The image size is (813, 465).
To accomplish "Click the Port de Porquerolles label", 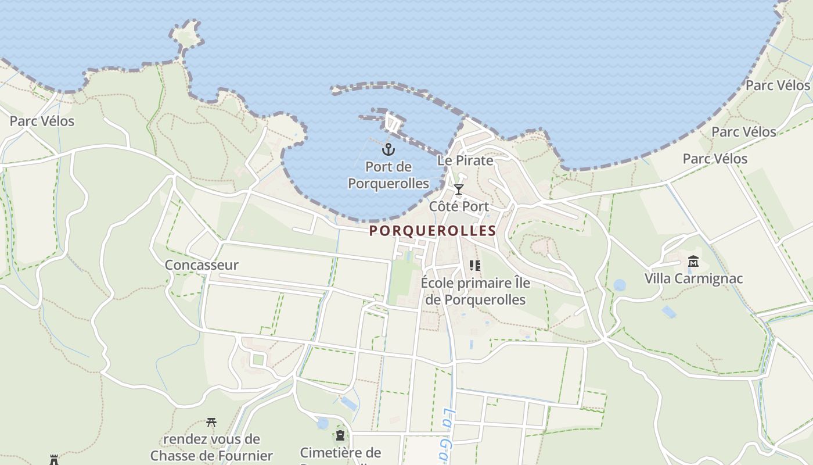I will tap(388, 175).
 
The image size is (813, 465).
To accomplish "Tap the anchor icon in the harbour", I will tap(388, 150).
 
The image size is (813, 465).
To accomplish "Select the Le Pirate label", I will tap(465, 160).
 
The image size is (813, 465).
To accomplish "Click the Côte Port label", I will tap(459, 206).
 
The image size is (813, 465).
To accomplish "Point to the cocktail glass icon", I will tap(459, 189).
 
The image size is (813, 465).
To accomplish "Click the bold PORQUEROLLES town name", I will tap(433, 231).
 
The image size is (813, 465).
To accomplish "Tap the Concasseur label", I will tap(202, 265).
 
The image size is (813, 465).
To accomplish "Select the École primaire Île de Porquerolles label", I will tap(475, 291).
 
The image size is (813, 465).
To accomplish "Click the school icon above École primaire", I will tap(475, 266).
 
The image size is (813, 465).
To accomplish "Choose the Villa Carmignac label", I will tap(693, 278).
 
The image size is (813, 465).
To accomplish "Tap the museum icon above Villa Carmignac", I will tap(693, 261).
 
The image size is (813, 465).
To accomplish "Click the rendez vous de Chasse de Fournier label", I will tap(211, 447).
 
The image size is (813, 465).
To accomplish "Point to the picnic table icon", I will tap(211, 422).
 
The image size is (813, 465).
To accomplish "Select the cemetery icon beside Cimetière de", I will tap(340, 435).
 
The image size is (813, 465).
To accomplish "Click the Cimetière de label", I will tap(340, 453).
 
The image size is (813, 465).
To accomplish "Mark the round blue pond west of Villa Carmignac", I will tap(620, 285).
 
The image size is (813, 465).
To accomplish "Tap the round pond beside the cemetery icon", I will tap(322, 424).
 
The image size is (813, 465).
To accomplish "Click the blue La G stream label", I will tap(446, 433).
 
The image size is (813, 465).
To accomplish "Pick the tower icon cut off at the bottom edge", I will tap(54, 460).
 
